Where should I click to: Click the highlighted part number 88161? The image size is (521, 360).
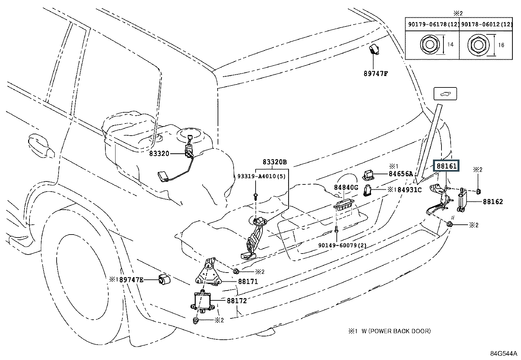point(446,166)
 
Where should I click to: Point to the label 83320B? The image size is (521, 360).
point(275,162)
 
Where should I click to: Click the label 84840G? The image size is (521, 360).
point(346,188)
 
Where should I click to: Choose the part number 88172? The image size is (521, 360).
point(236,300)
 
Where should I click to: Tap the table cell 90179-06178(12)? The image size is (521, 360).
point(432,24)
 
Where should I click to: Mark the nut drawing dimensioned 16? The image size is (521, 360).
point(475,45)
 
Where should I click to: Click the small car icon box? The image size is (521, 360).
point(445,94)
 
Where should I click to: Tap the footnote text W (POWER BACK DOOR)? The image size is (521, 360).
point(396,331)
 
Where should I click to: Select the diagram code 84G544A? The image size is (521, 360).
point(504,353)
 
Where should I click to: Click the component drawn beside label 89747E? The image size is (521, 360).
point(164,279)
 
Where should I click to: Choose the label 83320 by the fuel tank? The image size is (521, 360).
point(159,153)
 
